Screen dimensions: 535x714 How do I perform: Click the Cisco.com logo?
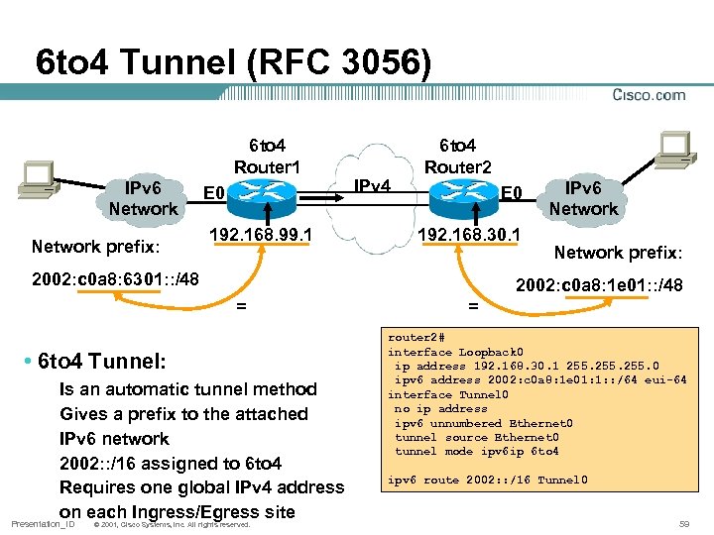pyautogui.click(x=649, y=95)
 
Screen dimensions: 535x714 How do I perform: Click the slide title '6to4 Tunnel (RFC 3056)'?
pyautogui.click(x=233, y=62)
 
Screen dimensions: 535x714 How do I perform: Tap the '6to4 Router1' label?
pyautogui.click(x=267, y=155)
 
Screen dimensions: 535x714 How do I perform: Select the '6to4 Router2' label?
pyautogui.click(x=457, y=155)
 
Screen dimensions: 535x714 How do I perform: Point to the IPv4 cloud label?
pyautogui.click(x=372, y=186)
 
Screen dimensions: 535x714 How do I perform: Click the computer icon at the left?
pyautogui.click(x=39, y=176)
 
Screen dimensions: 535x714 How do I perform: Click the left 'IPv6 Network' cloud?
pyautogui.click(x=143, y=197)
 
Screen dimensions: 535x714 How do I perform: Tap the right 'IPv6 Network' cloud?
pyautogui.click(x=583, y=197)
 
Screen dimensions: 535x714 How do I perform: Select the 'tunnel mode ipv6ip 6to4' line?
pyautogui.click(x=476, y=451)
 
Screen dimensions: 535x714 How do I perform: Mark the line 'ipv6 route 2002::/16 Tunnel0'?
pyautogui.click(x=487, y=481)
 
